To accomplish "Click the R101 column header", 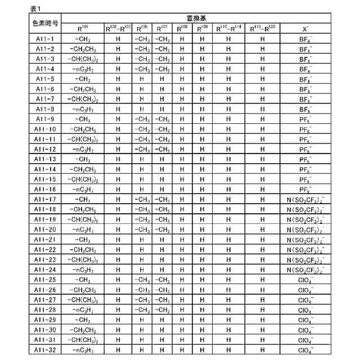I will click(83, 28).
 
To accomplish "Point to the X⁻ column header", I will click(305, 28).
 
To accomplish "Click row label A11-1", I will click(45, 39).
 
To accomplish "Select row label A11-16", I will click(45, 190).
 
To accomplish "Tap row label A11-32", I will click(45, 350).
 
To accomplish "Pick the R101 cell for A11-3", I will click(83, 59).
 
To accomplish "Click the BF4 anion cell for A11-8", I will click(305, 109).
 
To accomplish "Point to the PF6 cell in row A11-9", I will click(305, 119).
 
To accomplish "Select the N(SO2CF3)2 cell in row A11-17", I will click(305, 200).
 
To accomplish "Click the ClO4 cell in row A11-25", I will click(305, 280).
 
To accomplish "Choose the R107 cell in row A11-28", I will click(162, 310).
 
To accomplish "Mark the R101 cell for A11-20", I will click(83, 229).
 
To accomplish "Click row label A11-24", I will click(45, 269).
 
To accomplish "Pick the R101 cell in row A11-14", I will click(83, 169).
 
